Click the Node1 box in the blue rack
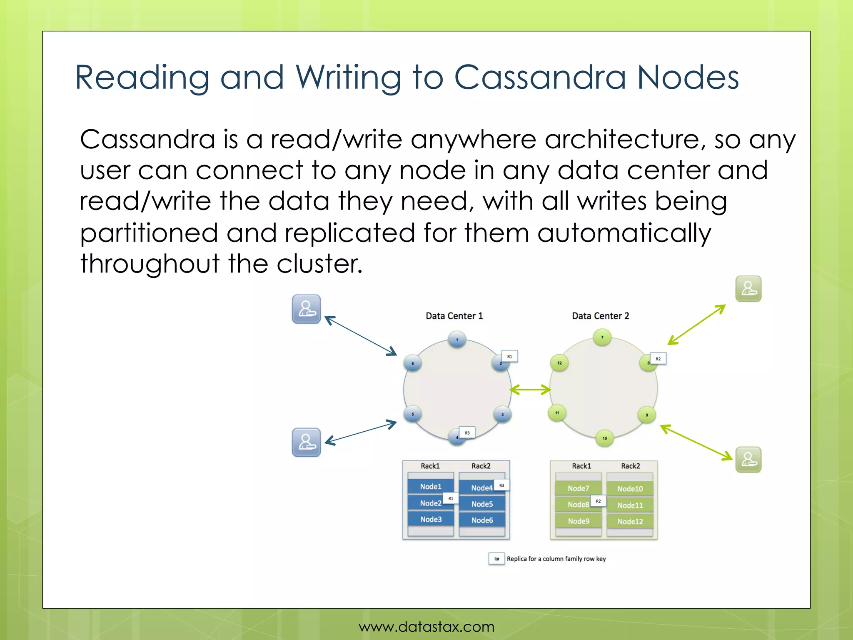431,486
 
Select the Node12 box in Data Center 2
630,521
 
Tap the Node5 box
482,504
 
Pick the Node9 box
579,521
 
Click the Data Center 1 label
454,316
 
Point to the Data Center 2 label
600,316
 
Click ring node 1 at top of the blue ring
457,340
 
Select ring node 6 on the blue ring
413,363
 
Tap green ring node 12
559,363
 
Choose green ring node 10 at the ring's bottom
605,438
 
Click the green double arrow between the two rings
530,390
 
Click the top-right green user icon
748,289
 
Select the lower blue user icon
306,442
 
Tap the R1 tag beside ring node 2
509,357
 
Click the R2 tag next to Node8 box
598,501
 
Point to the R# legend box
496,559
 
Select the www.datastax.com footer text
426,627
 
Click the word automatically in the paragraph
624,232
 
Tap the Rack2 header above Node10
630,466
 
